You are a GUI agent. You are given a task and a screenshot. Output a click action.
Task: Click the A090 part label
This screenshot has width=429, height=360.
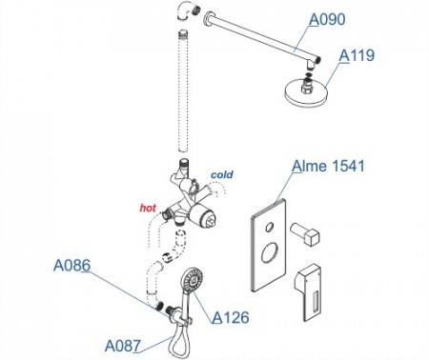tap(327, 19)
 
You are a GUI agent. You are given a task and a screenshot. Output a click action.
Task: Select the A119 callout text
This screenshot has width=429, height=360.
tap(357, 55)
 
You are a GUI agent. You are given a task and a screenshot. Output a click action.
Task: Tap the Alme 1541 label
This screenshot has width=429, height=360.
tap(328, 166)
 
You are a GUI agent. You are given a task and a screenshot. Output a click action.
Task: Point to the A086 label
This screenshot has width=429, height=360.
tap(71, 265)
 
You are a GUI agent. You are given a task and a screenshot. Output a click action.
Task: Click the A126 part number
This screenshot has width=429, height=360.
tap(231, 317)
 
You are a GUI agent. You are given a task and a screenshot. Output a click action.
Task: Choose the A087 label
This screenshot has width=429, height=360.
tap(123, 346)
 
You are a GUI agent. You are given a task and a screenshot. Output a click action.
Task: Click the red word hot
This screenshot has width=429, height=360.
tap(148, 208)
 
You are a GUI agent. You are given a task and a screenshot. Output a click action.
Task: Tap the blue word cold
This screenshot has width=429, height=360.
tap(222, 174)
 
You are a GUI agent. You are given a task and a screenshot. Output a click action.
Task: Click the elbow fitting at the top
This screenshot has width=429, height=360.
tap(186, 10)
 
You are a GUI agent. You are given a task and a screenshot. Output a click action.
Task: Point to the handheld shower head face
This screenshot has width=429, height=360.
tap(192, 279)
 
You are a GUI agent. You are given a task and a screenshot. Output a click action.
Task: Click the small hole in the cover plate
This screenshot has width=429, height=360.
tap(270, 227)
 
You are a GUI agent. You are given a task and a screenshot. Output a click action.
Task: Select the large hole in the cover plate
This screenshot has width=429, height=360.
tap(270, 252)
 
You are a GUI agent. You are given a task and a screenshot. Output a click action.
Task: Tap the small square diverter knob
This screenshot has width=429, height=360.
tap(305, 234)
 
